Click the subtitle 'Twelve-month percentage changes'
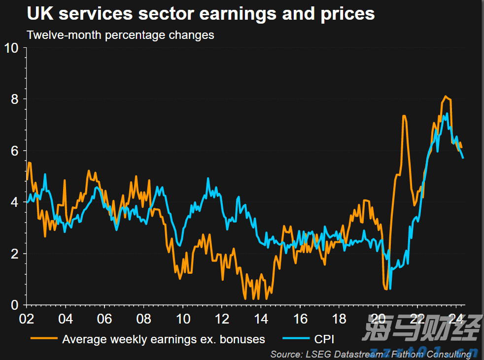[x=121, y=35]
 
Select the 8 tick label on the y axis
[x=15, y=99]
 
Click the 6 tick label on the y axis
[x=15, y=151]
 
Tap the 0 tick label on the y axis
[x=15, y=305]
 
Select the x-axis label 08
[x=143, y=319]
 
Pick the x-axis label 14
[x=261, y=319]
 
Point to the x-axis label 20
[x=378, y=319]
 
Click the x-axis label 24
[x=456, y=319]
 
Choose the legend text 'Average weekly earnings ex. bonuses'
[x=163, y=339]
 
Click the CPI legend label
[x=324, y=339]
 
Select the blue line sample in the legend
[x=296, y=339]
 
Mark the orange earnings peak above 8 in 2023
[x=446, y=97]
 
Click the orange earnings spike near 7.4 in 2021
[x=404, y=116]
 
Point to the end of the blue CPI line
[x=463, y=158]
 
